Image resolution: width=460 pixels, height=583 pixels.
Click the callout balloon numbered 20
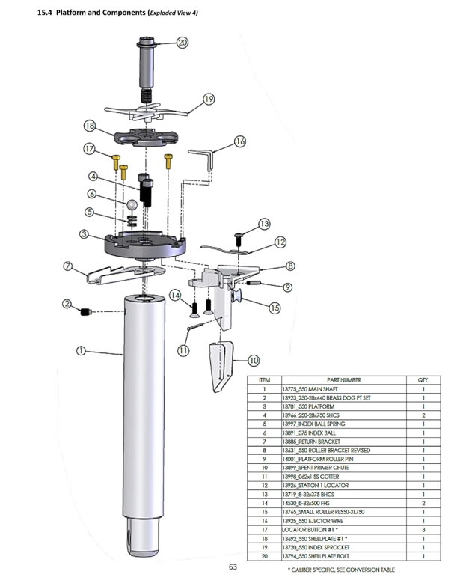[x=183, y=43]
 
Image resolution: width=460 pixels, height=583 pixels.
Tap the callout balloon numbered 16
[x=240, y=141]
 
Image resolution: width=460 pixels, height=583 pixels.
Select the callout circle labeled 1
[x=81, y=350]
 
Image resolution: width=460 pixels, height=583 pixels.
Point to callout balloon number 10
[x=254, y=360]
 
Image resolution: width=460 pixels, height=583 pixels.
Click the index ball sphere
[x=132, y=205]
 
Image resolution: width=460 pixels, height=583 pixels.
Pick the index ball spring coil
[x=132, y=221]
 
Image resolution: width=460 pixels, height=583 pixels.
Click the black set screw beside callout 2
[x=86, y=311]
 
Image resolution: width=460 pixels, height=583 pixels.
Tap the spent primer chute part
[x=221, y=366]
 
